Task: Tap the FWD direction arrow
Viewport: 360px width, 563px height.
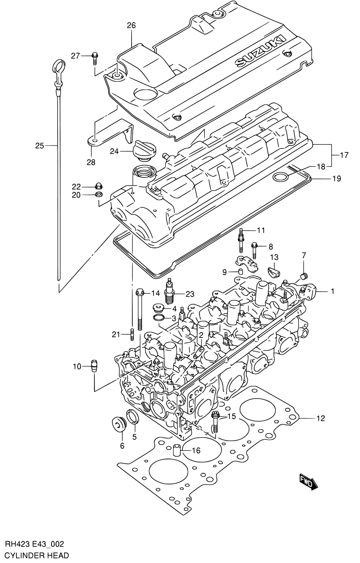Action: coord(308,483)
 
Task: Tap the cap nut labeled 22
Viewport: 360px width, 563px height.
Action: coord(99,186)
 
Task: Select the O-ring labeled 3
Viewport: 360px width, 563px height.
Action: coord(159,318)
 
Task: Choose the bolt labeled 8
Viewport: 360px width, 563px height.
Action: coord(254,250)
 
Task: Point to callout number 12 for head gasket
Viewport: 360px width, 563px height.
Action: coord(321,418)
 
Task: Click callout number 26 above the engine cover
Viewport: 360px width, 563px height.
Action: coord(131,26)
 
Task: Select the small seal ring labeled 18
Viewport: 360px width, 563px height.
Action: coord(280,177)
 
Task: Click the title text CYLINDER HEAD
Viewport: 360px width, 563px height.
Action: coord(37,555)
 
